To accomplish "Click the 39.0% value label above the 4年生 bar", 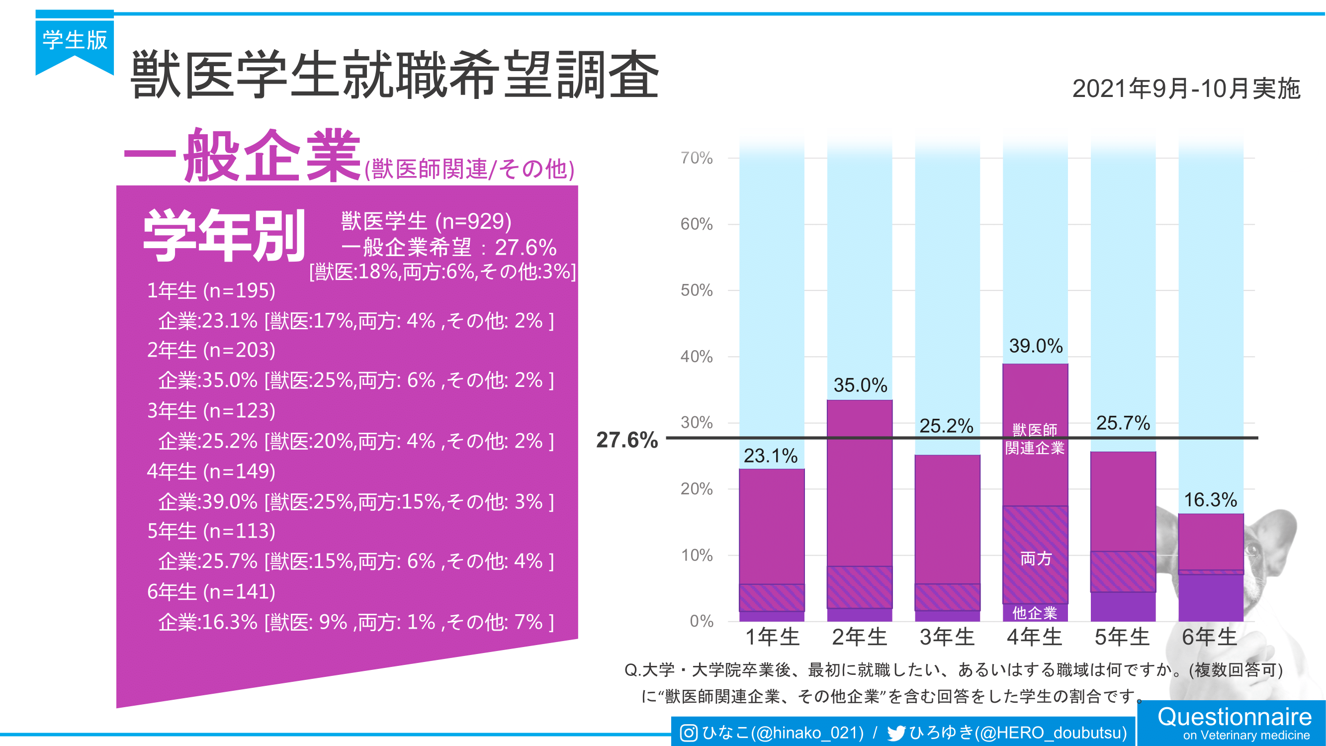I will click(x=1035, y=346).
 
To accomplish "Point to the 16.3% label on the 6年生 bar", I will click(x=1210, y=500).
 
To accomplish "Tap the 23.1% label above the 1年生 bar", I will click(x=771, y=456).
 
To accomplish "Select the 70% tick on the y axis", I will click(x=697, y=158).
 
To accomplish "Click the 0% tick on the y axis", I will click(x=701, y=621).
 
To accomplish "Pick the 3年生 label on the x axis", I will click(x=947, y=638).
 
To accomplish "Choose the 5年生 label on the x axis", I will click(x=1122, y=638).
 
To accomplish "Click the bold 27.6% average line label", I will click(x=627, y=440).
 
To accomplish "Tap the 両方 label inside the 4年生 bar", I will click(x=1036, y=559).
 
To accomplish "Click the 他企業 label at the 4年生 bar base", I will click(x=1035, y=613).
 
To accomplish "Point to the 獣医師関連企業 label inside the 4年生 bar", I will click(x=1035, y=439).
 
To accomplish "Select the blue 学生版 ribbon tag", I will click(x=75, y=41).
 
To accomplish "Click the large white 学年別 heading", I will click(x=224, y=237).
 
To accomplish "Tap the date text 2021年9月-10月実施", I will click(x=1186, y=89).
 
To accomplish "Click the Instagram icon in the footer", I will click(x=689, y=733).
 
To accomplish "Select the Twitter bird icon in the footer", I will click(x=896, y=733).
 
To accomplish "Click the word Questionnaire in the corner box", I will click(x=1235, y=717).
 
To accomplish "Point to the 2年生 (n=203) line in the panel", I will click(x=211, y=350).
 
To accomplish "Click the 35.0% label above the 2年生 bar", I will click(x=860, y=385).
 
